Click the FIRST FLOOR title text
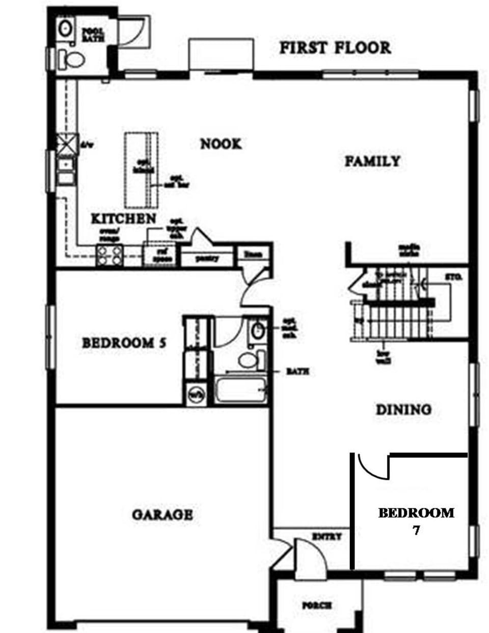(335, 48)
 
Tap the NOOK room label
(221, 144)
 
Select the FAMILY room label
(372, 161)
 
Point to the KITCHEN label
(123, 219)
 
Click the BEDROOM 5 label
(124, 342)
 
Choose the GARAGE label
(162, 514)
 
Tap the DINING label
(403, 409)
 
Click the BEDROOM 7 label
(416, 520)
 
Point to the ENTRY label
(327, 536)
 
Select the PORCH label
(317, 606)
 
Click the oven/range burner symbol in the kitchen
(110, 255)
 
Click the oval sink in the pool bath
(65, 28)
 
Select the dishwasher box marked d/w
(66, 143)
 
